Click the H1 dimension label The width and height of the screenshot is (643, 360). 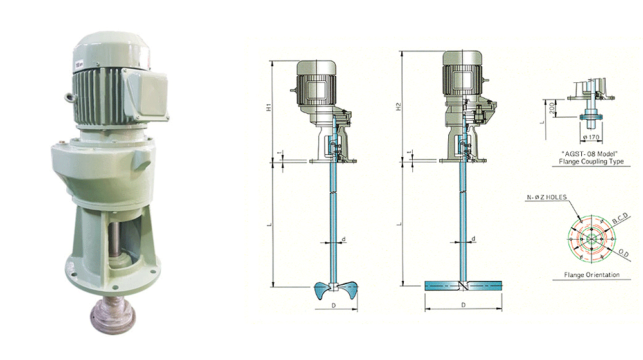[269, 107]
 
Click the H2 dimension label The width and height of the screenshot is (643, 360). [398, 107]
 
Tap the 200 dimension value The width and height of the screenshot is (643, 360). [552, 108]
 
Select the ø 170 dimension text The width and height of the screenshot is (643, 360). [591, 137]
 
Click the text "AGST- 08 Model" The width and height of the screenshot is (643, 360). [590, 154]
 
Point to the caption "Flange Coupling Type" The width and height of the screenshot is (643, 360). [591, 161]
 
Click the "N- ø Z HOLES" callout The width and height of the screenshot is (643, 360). [546, 197]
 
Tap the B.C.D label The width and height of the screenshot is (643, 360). [620, 218]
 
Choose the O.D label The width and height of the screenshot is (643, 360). [623, 253]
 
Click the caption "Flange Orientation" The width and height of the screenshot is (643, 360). [592, 274]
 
